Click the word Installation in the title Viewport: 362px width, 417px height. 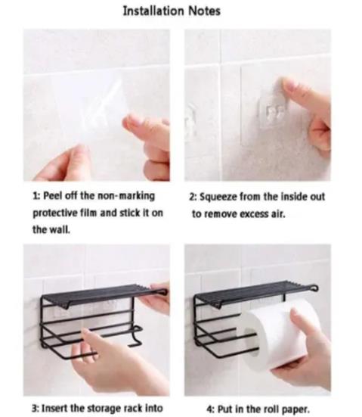click(x=153, y=11)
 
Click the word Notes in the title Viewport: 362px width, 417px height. click(x=205, y=11)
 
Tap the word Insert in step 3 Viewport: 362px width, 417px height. click(x=54, y=408)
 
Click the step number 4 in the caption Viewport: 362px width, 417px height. click(x=209, y=409)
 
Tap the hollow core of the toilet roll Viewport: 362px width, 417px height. click(x=250, y=343)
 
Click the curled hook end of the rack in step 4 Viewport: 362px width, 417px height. click(x=314, y=288)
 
